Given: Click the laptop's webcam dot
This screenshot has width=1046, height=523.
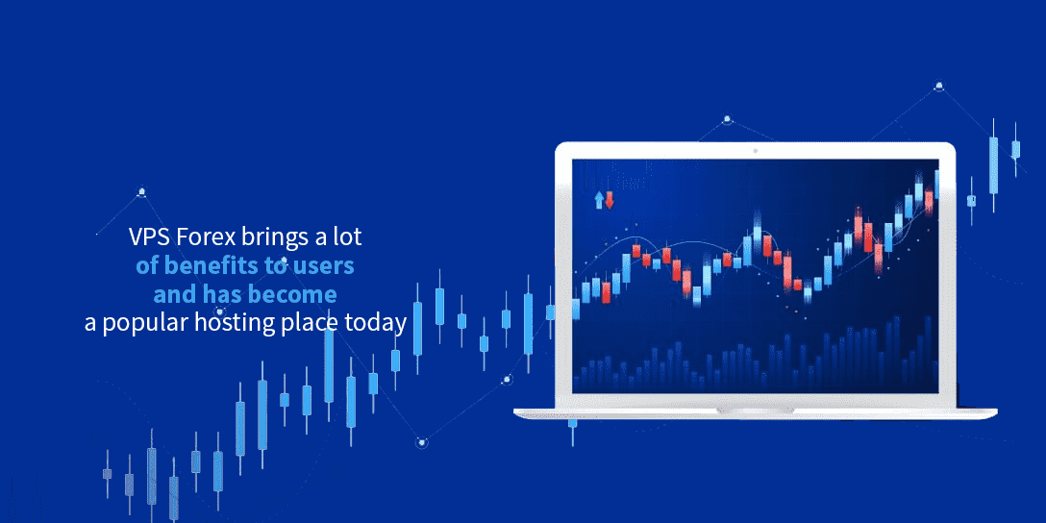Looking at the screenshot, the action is coord(755,151).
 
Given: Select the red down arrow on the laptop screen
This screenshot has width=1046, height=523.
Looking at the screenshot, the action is coord(610,200).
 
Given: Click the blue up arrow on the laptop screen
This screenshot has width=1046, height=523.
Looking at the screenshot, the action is coord(599,200).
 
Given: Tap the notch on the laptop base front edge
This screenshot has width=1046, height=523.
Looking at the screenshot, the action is coord(755,411).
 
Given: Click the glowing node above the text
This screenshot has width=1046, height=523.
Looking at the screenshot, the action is coord(141,193).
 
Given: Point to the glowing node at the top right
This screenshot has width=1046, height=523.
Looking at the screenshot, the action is coord(939,86).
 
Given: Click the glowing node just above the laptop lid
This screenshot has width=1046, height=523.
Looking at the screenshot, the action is coord(727,120).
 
